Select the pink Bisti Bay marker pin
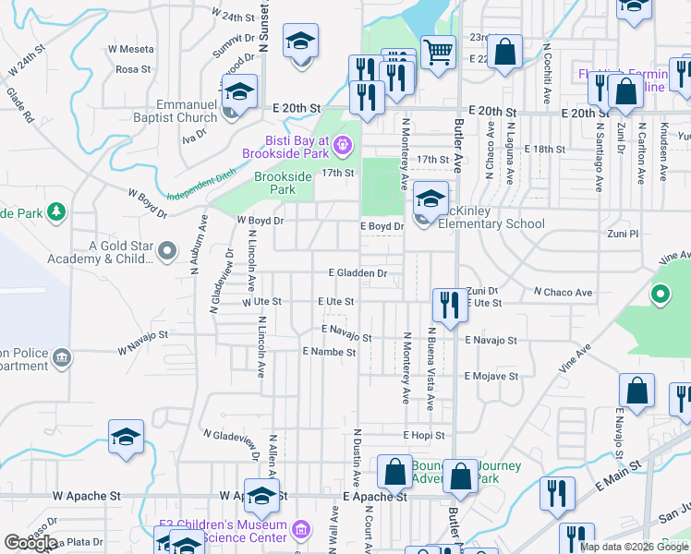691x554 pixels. pyautogui.click(x=343, y=145)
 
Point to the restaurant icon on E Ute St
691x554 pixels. pyautogui.click(x=448, y=305)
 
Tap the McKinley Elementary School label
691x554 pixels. pyautogui.click(x=491, y=223)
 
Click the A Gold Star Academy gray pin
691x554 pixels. pyautogui.click(x=167, y=250)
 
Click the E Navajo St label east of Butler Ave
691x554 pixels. pyautogui.click(x=491, y=341)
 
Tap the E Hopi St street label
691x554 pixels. pyautogui.click(x=424, y=435)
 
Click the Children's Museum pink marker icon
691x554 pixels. pyautogui.click(x=300, y=529)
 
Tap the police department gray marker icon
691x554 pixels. pyautogui.click(x=62, y=357)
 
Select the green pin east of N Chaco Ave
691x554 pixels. pyautogui.click(x=660, y=295)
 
